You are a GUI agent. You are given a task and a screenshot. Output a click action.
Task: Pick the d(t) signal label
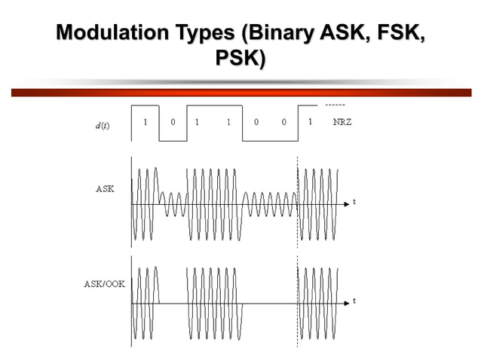coord(102,125)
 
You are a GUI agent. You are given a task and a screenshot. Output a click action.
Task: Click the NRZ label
coord(342,122)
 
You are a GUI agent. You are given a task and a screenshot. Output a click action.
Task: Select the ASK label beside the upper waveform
coord(105,189)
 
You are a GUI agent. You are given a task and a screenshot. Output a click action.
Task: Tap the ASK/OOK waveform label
coord(99,284)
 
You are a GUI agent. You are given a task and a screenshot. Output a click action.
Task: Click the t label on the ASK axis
coord(354,203)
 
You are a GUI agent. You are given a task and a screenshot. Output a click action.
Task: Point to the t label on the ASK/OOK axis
coord(354,301)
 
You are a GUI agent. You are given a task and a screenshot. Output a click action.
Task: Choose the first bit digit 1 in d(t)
coord(146,122)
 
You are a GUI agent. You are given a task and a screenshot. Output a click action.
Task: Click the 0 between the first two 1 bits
coord(173,122)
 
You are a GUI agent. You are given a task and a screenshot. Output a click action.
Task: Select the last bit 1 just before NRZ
coord(309,122)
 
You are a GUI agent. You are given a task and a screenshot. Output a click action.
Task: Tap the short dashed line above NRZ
coord(335,105)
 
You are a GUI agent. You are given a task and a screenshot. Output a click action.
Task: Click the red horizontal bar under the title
coord(240,93)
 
